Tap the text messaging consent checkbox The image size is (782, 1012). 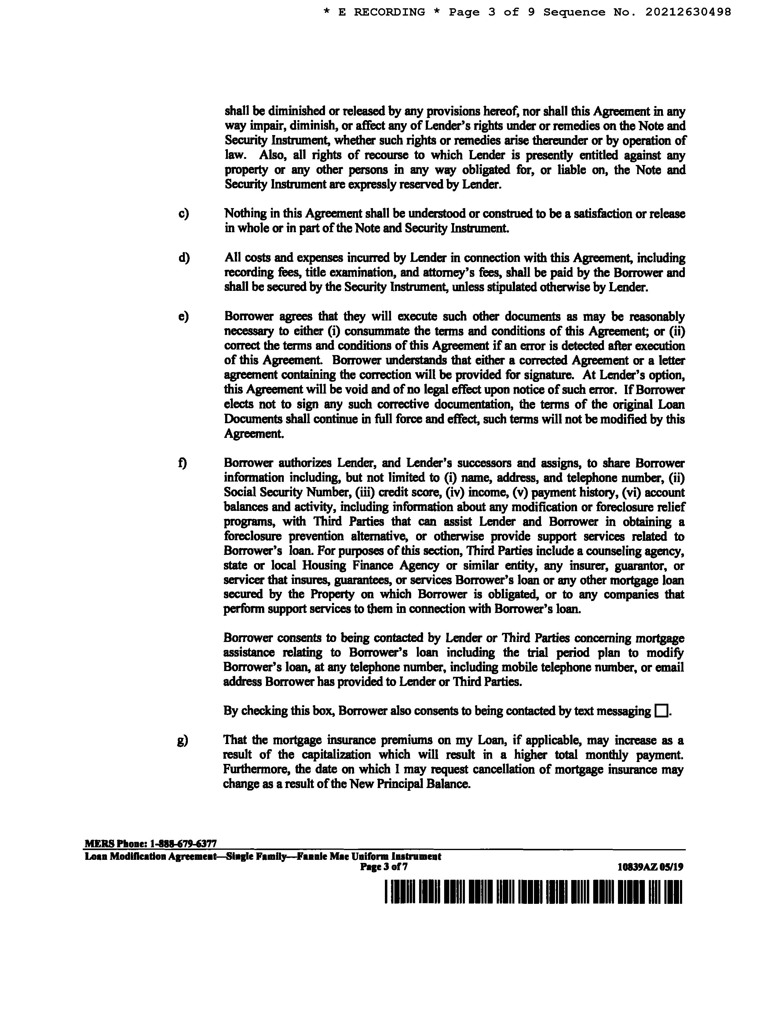point(661,710)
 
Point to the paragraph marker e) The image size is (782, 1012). point(184,317)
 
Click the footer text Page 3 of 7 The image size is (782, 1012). point(384,867)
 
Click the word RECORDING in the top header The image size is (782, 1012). point(389,12)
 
